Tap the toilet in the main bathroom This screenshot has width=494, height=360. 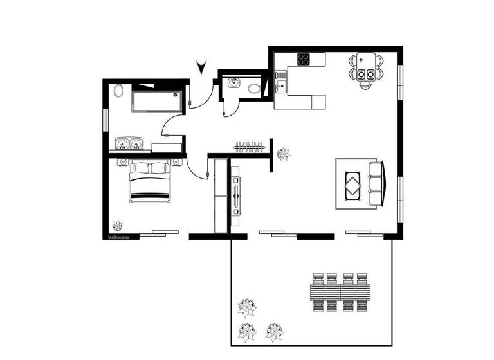click(x=118, y=91)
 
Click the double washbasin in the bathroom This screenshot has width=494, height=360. click(x=131, y=143)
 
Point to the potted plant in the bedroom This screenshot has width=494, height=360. click(x=118, y=225)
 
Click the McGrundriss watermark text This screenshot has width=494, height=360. click(x=120, y=237)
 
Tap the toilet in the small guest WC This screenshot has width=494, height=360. click(x=255, y=88)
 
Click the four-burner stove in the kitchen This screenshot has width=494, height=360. click(x=303, y=59)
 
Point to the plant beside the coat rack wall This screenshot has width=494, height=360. click(x=282, y=154)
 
